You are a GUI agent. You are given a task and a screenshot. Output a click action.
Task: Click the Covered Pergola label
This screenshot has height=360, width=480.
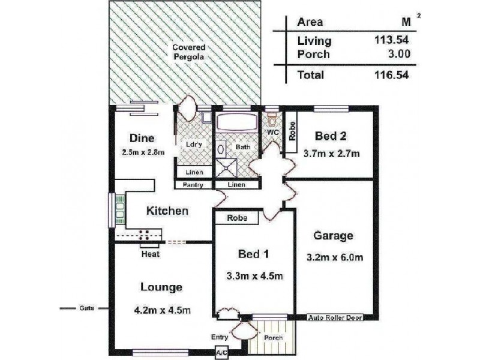188,52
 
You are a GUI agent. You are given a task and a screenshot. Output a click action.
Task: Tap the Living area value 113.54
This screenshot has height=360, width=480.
392,40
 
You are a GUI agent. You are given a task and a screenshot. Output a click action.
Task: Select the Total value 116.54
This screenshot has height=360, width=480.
392,74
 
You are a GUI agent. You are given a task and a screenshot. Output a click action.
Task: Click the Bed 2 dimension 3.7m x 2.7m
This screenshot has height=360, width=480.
332,153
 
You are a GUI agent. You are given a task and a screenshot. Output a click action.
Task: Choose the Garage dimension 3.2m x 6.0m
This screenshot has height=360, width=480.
335,257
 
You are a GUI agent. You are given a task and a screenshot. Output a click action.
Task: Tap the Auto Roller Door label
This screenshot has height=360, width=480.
335,318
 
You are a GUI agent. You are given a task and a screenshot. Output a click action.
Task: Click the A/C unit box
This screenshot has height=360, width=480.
221,352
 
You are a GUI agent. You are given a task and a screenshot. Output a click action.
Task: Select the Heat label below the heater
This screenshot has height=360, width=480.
151,254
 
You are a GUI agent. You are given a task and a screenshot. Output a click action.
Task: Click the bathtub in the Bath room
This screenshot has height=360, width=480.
236,122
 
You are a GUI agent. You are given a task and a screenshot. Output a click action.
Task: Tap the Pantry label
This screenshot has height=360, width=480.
193,185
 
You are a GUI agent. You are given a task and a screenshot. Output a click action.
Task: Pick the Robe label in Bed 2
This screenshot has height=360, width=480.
292,131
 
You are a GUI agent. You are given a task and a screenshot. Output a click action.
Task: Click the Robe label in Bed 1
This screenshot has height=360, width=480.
237,218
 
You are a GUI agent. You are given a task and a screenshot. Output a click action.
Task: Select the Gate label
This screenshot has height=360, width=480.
87,308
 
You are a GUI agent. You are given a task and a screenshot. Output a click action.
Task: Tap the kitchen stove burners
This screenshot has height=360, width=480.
144,235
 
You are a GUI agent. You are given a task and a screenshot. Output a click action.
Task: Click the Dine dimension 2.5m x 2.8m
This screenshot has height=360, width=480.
143,152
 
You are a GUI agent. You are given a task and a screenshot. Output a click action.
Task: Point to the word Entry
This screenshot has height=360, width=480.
220,337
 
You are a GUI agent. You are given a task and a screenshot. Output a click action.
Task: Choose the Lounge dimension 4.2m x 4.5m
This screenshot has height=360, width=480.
163,310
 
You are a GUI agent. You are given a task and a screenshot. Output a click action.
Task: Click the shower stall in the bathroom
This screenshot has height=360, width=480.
227,167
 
